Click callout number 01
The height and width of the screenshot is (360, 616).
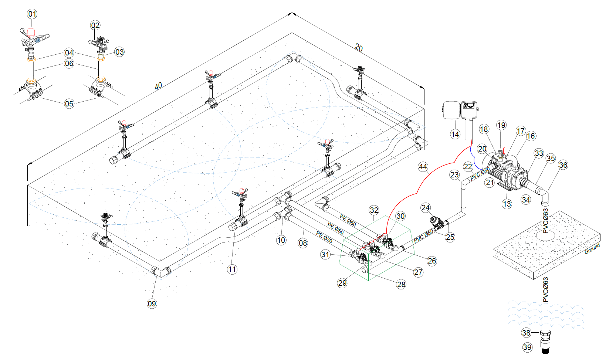coord(32,14)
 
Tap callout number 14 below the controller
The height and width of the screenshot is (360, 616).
coord(455,134)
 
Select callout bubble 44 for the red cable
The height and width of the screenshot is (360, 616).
coord(423,167)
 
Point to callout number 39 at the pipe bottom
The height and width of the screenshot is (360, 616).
coord(527,347)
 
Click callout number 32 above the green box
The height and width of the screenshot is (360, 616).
coord(374,210)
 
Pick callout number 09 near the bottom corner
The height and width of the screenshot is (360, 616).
coord(152,303)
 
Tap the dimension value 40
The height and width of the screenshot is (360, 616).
coord(158,86)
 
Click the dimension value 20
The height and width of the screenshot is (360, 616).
coord(359,48)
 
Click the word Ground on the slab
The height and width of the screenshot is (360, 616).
coord(592,249)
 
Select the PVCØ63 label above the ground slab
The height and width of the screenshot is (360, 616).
coord(545,221)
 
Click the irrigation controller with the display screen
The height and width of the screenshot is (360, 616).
coord(469,110)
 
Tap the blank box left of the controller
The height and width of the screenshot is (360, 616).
coord(451,110)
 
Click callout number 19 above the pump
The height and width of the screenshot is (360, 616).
coord(501,125)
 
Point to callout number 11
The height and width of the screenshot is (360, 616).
coord(232,269)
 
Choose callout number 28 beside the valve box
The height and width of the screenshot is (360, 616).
coord(401,284)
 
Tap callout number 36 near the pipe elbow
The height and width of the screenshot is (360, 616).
coord(563,165)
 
